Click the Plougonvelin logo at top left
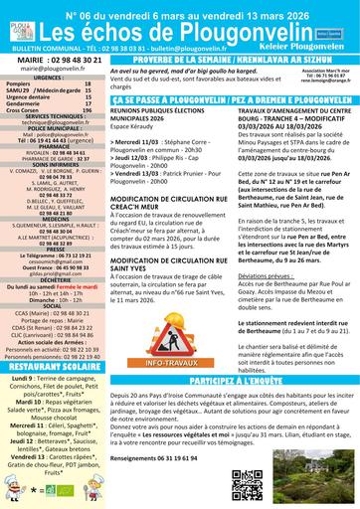pos(18,22)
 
